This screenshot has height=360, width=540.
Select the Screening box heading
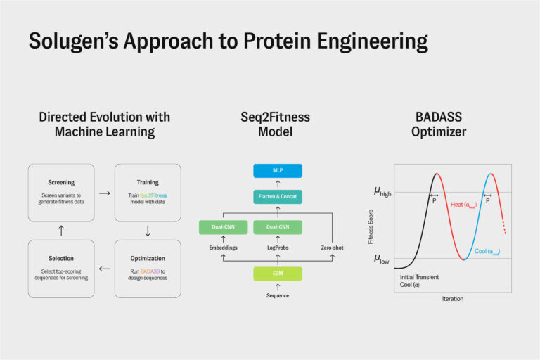coord(62,182)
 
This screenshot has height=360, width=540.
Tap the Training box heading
coord(148,182)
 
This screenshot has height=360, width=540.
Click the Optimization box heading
coord(148,258)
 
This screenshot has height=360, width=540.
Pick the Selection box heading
coord(62,258)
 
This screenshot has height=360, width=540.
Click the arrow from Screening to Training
coord(105,191)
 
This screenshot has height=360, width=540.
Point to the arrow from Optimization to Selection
coord(105,268)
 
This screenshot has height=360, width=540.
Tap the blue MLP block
coord(277,171)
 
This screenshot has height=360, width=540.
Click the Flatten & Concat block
coord(277,197)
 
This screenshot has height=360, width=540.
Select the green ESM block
coord(277,273)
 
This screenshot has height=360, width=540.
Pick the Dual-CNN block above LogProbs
coord(277,227)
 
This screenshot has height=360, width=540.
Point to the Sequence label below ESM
coord(277,295)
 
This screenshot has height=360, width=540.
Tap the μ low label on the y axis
coord(380,258)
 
